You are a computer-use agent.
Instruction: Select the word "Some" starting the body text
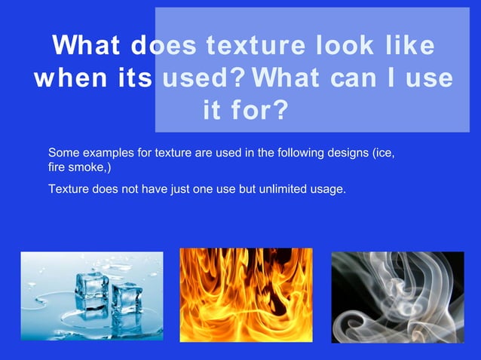tap(63, 154)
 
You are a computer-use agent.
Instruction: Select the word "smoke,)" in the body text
tap(90, 169)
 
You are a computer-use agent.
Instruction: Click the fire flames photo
tap(246, 294)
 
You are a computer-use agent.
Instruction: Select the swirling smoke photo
tap(397, 297)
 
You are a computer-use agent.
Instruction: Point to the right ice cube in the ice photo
tap(127, 298)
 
